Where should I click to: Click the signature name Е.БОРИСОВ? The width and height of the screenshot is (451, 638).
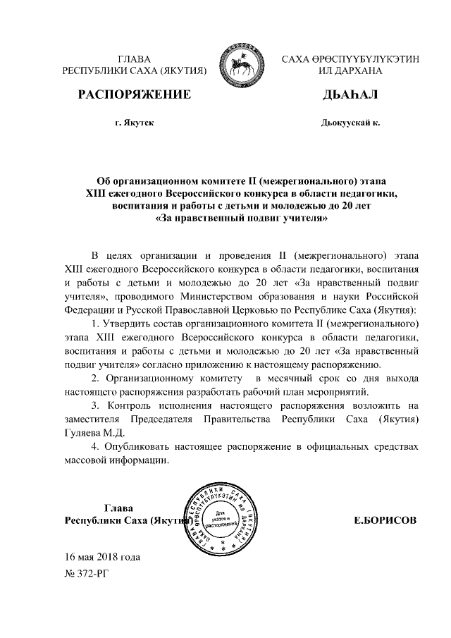click(x=385, y=520)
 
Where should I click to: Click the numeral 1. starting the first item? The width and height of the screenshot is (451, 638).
click(x=96, y=324)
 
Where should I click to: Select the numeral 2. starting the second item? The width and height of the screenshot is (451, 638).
click(x=96, y=378)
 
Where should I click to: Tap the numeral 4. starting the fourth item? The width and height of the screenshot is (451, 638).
click(x=96, y=447)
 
